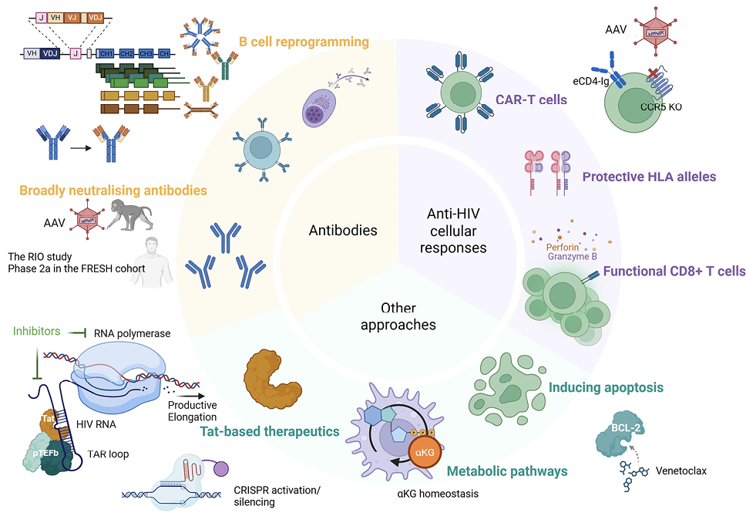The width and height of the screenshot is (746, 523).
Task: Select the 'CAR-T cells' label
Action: click(533, 99)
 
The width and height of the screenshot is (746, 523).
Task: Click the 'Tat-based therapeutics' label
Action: click(271, 431)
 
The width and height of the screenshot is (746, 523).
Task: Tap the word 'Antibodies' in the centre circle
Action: click(343, 230)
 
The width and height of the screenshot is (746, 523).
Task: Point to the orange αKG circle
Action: click(424, 451)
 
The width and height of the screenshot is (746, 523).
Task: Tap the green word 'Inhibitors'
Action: click(36, 332)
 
